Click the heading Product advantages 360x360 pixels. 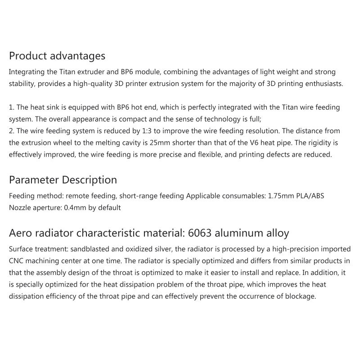(x=57, y=56)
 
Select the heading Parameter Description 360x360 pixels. (x=63, y=180)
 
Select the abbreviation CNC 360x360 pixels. (x=18, y=261)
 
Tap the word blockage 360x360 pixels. (x=301, y=297)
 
